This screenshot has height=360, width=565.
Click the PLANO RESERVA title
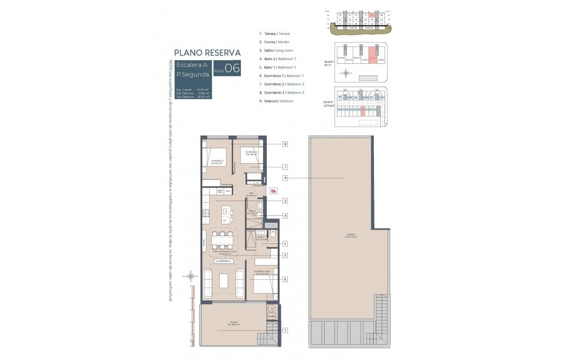[x=208, y=53]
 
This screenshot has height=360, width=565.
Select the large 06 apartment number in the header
[x=232, y=69]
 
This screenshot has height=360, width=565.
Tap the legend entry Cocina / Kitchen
[x=274, y=42]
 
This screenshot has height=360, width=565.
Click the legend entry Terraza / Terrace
[x=274, y=33]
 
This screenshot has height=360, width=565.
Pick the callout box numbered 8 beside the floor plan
[x=285, y=144]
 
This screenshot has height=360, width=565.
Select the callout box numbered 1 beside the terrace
[x=285, y=330]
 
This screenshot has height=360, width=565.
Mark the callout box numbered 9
[x=285, y=178]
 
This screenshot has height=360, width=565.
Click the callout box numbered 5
[x=285, y=244]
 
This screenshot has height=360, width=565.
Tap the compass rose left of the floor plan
[x=191, y=274]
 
